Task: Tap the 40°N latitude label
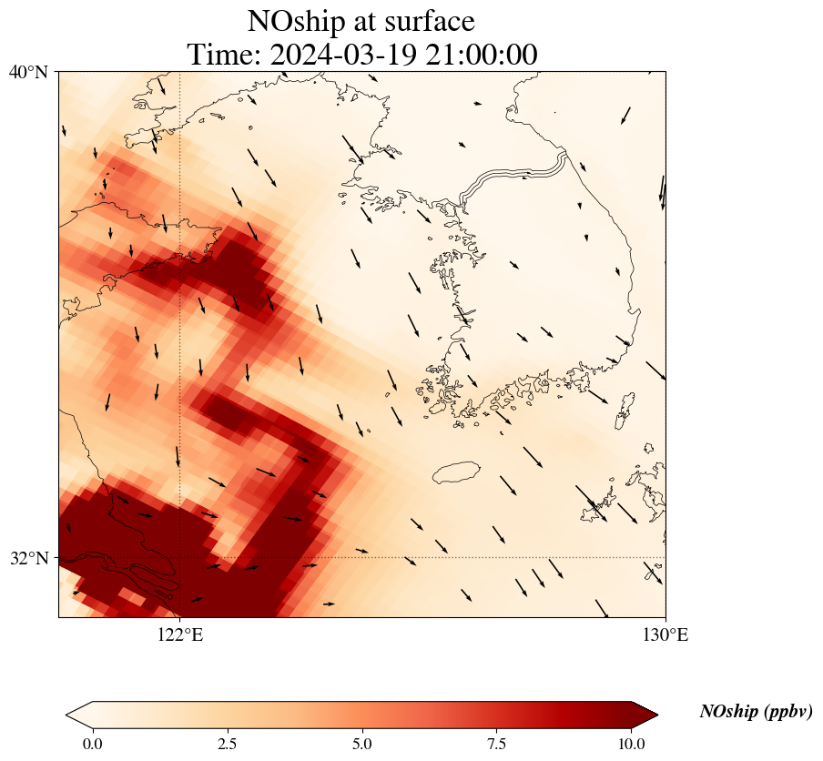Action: (x=28, y=72)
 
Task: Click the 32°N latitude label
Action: (x=28, y=558)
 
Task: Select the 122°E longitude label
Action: (x=180, y=634)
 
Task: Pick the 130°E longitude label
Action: (x=666, y=634)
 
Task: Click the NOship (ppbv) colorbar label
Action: (x=756, y=712)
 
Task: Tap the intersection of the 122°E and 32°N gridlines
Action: (x=180, y=557)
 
